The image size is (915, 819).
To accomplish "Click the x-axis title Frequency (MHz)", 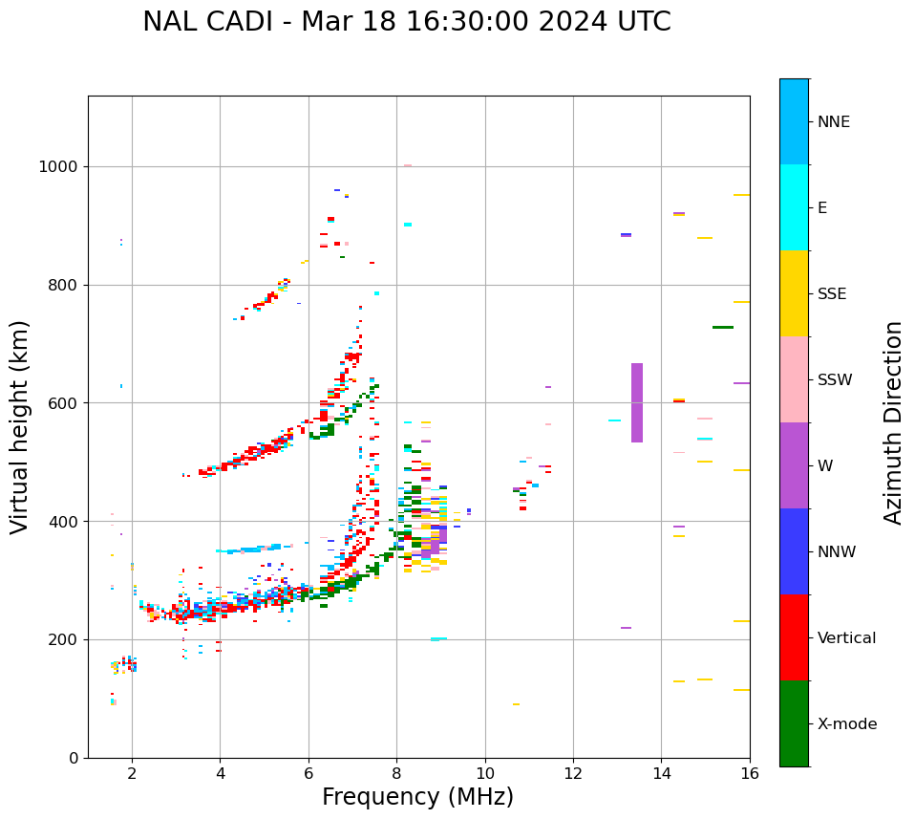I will (417, 797).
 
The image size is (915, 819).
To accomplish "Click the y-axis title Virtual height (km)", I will (20, 426).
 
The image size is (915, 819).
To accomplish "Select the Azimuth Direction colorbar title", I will (893, 422).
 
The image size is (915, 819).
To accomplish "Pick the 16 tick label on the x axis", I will (750, 773).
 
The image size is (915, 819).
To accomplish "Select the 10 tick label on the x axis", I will (485, 773).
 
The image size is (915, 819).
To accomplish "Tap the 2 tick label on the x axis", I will (132, 773).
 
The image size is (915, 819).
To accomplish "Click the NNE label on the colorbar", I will (833, 122).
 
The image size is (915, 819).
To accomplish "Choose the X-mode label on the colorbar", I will (846, 724).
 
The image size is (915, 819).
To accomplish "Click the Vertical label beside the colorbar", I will (846, 638).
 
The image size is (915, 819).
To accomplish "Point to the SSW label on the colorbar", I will (834, 380).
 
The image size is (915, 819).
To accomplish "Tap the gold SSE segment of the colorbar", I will (794, 293).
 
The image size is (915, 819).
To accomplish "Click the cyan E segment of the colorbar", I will (794, 207).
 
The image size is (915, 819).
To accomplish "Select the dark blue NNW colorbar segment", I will (794, 551).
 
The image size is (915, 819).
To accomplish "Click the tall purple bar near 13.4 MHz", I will (637, 402).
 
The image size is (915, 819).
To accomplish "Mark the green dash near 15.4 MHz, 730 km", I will (723, 327).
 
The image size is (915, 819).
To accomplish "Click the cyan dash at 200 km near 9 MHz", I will (438, 638).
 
